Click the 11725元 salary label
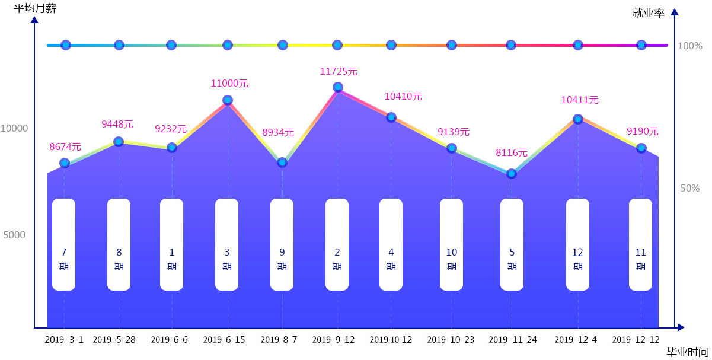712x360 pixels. coord(339,71)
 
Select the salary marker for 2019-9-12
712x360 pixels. coord(338,87)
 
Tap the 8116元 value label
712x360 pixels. coord(512,152)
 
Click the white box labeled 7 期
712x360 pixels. coord(64,244)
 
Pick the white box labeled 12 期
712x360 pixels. coord(577,244)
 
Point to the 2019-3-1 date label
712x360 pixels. coord(64,340)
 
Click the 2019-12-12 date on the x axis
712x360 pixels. coord(636,340)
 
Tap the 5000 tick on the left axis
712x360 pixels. coord(14,235)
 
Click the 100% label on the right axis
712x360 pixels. coord(689,46)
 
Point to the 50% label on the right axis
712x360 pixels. coord(690,188)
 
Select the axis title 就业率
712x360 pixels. coord(649,12)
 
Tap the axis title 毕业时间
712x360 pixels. coord(687,352)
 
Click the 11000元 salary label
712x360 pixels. coord(229,84)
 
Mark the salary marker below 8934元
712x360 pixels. coord(282,162)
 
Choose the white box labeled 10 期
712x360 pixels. coord(451,244)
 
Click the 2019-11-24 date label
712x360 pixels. coord(513,340)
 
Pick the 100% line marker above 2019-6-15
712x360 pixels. coord(228,45)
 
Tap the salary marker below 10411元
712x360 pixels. coord(578,119)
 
